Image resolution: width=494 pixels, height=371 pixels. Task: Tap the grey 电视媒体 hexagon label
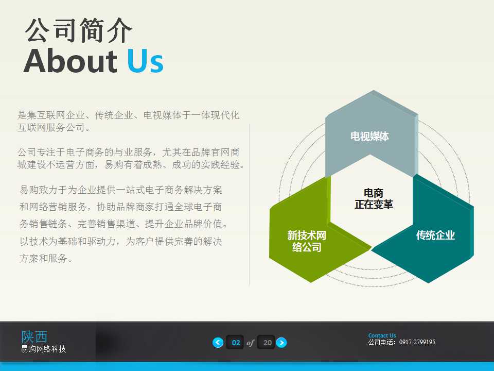(x=369, y=137)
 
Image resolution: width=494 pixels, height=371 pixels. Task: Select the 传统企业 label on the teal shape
(x=435, y=235)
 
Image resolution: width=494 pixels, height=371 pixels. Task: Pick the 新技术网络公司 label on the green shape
(x=307, y=242)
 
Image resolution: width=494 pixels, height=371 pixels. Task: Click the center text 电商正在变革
(x=374, y=199)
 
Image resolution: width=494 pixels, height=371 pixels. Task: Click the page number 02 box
(x=236, y=343)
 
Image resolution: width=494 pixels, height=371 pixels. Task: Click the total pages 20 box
(x=267, y=343)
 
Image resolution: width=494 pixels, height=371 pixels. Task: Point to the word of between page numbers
(x=251, y=343)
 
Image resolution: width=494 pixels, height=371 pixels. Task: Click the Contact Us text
(x=382, y=335)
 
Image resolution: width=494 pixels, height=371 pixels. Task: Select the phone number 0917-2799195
(x=417, y=342)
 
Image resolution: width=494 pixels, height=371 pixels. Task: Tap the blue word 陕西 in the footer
(x=34, y=336)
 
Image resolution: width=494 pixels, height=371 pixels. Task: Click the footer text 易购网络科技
(x=43, y=349)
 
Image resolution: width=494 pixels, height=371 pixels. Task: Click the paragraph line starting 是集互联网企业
(x=128, y=115)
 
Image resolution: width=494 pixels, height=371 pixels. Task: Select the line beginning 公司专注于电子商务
(x=128, y=153)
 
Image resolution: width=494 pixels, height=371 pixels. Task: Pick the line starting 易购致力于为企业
(x=121, y=190)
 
